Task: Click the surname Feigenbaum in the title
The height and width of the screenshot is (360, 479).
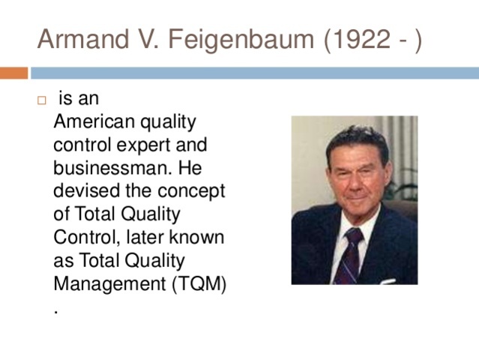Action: [x=242, y=39]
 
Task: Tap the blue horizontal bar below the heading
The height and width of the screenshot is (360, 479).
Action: [x=255, y=73]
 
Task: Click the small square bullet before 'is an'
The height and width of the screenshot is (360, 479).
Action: [x=42, y=100]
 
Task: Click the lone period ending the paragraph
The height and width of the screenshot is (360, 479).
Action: [x=57, y=309]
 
